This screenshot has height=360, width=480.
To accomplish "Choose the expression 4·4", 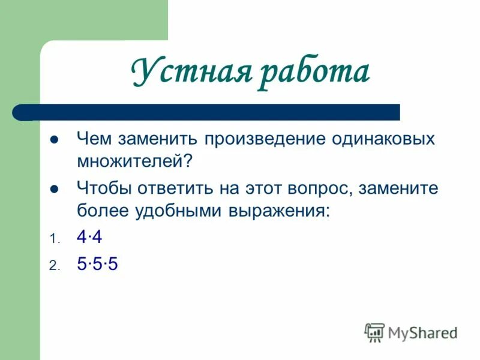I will pyautogui.click(x=89, y=238).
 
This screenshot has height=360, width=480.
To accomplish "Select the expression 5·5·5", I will pyautogui.click(x=97, y=264).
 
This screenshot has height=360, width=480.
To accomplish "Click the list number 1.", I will pyautogui.click(x=53, y=239).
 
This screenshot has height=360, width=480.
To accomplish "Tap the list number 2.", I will pyautogui.click(x=53, y=266).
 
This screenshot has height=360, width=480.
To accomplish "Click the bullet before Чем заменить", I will pyautogui.click(x=53, y=140).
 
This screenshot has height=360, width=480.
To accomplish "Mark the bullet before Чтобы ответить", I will pyautogui.click(x=53, y=188).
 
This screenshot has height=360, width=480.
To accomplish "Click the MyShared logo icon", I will pyautogui.click(x=374, y=331).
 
